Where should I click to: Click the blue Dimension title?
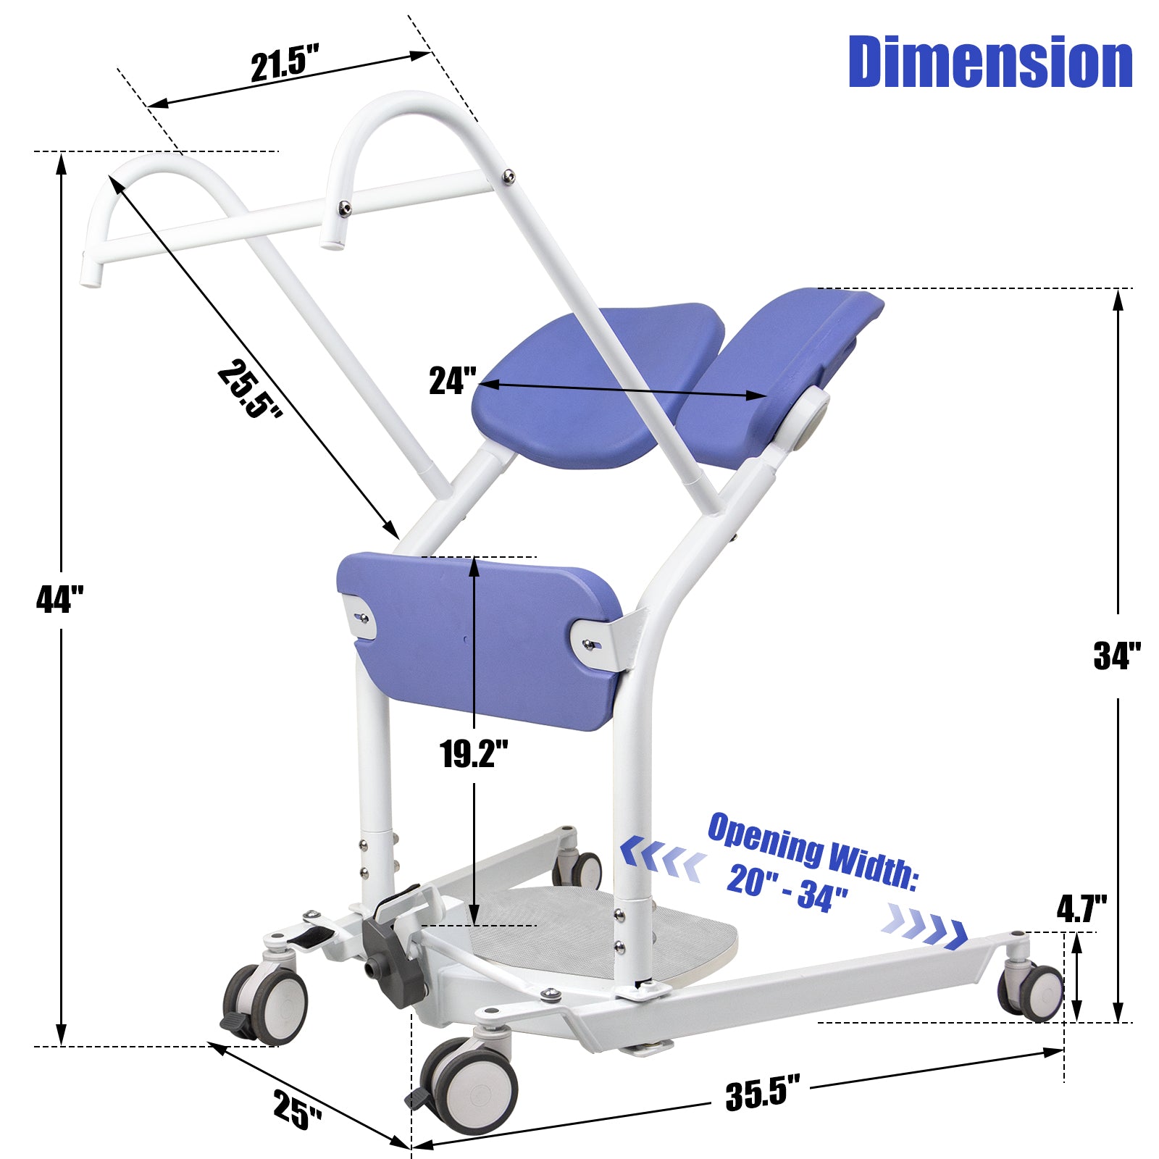(990, 62)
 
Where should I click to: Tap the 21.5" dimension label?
(285, 64)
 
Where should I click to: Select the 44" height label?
(60, 599)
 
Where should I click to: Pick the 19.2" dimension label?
(474, 754)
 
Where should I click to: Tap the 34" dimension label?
(1117, 656)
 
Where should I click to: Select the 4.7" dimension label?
(1081, 909)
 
